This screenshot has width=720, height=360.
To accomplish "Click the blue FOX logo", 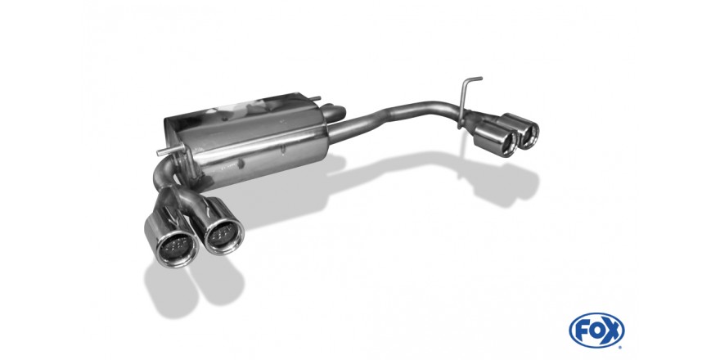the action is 596,331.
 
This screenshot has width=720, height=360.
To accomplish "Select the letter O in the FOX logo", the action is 596,331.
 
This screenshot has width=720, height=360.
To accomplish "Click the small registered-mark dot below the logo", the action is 620,347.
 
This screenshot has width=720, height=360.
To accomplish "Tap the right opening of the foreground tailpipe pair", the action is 224,235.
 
